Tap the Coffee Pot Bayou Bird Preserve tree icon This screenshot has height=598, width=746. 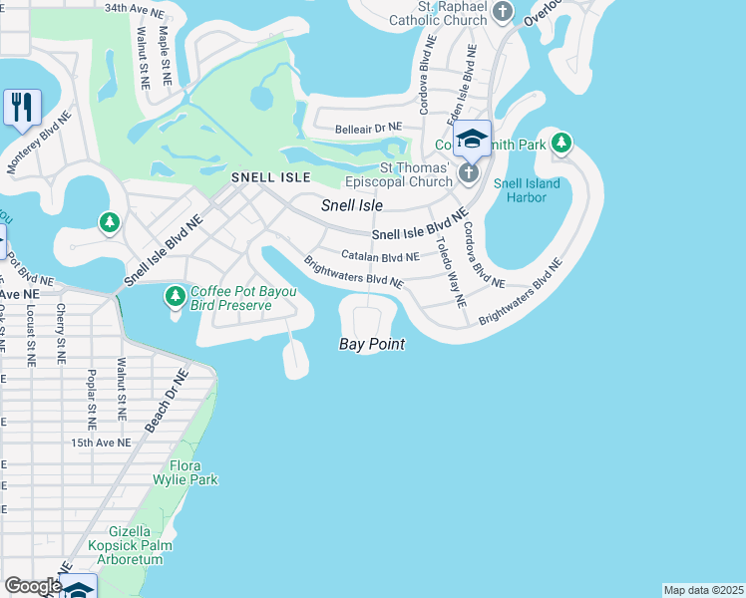(176, 296)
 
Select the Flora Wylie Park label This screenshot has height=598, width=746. (193, 472)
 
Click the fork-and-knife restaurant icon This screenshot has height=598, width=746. (21, 106)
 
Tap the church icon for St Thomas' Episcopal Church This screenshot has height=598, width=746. (469, 174)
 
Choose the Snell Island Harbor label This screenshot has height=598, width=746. (527, 190)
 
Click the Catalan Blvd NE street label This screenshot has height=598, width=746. (379, 256)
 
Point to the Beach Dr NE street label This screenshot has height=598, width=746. (167, 401)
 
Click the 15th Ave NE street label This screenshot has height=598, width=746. (101, 443)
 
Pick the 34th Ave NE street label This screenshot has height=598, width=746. (135, 8)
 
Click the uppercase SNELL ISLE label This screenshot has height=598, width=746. (270, 176)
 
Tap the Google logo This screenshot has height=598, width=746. (32, 586)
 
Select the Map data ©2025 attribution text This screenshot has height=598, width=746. (703, 590)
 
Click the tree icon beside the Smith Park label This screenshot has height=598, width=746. (561, 144)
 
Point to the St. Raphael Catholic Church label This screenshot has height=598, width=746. (454, 12)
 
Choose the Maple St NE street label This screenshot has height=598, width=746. (160, 62)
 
